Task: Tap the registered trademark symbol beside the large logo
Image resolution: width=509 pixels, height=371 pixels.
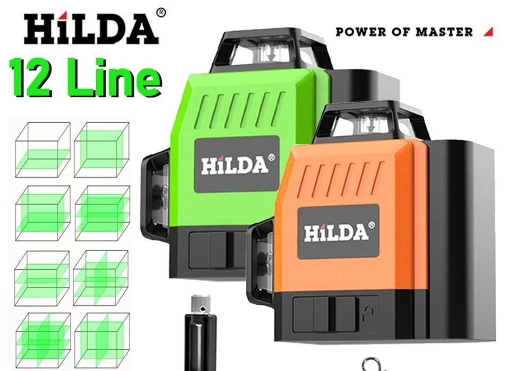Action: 161,13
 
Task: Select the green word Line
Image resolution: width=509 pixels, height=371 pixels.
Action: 115,78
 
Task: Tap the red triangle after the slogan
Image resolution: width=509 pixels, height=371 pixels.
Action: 488,32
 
